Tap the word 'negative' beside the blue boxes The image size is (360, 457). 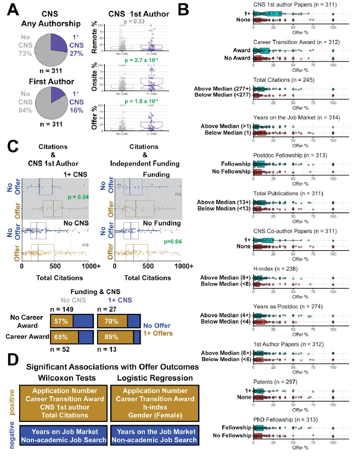[x=13, y=441]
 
